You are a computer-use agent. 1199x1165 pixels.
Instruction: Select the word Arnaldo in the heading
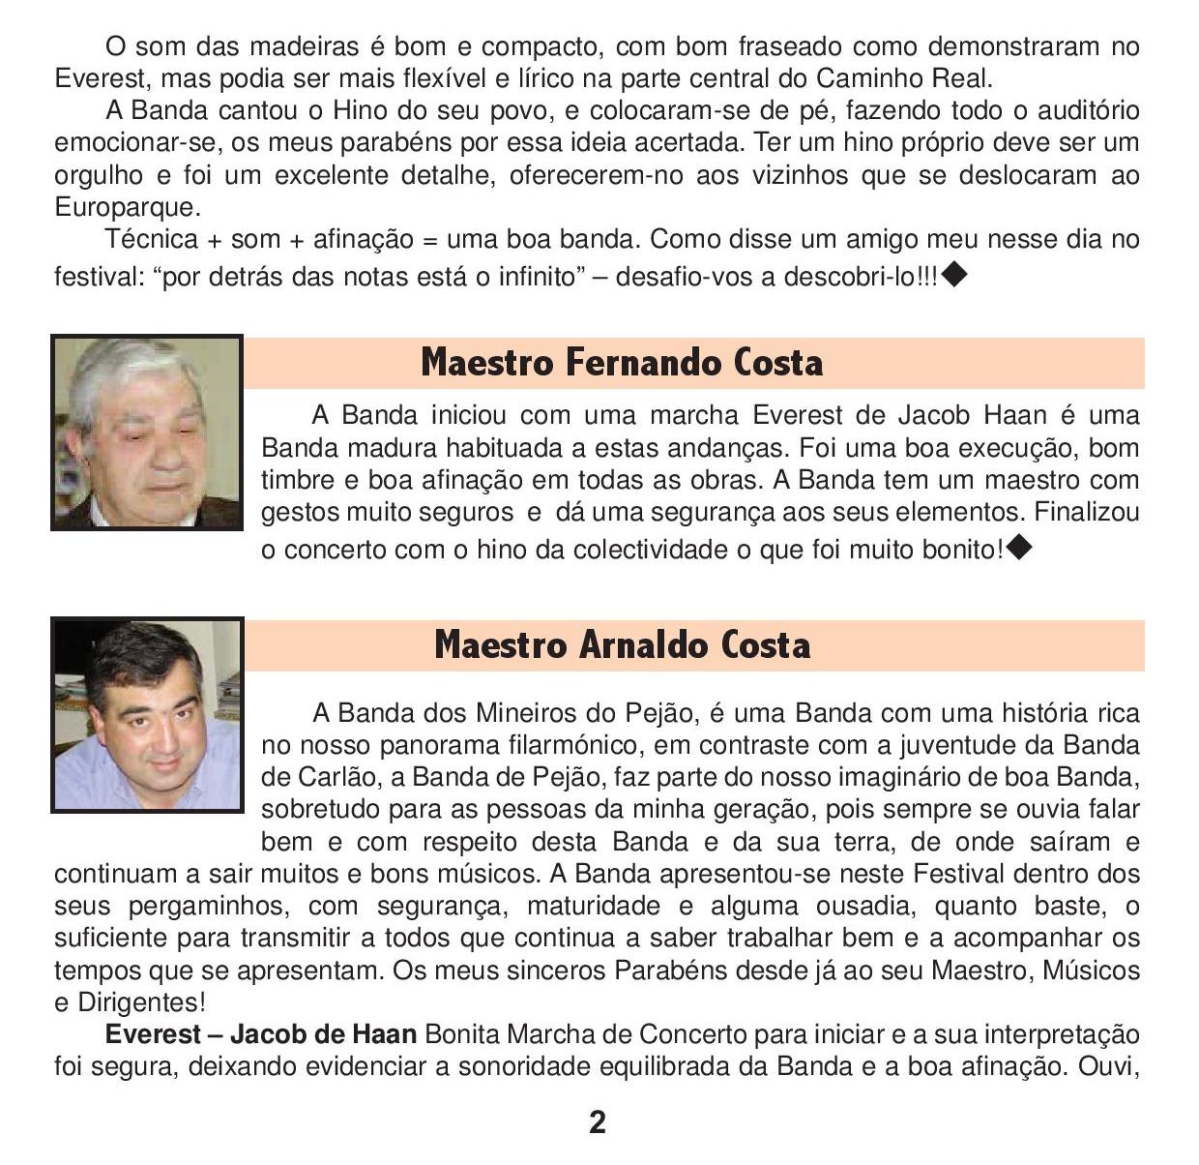(x=645, y=645)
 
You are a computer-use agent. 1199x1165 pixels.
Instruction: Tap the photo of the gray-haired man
(x=147, y=433)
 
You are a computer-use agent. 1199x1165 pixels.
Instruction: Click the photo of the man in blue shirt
(x=147, y=715)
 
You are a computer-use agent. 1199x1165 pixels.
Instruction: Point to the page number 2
(x=598, y=1122)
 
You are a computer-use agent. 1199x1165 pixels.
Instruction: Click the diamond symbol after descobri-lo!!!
(x=954, y=275)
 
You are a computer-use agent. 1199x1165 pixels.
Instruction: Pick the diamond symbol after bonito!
(x=1019, y=549)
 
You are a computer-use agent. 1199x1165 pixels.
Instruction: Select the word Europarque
(x=126, y=207)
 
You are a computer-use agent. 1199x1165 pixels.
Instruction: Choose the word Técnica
(x=150, y=239)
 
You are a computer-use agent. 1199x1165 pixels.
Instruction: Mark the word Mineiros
(x=524, y=714)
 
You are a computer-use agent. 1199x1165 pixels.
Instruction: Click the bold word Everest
(x=153, y=1034)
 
